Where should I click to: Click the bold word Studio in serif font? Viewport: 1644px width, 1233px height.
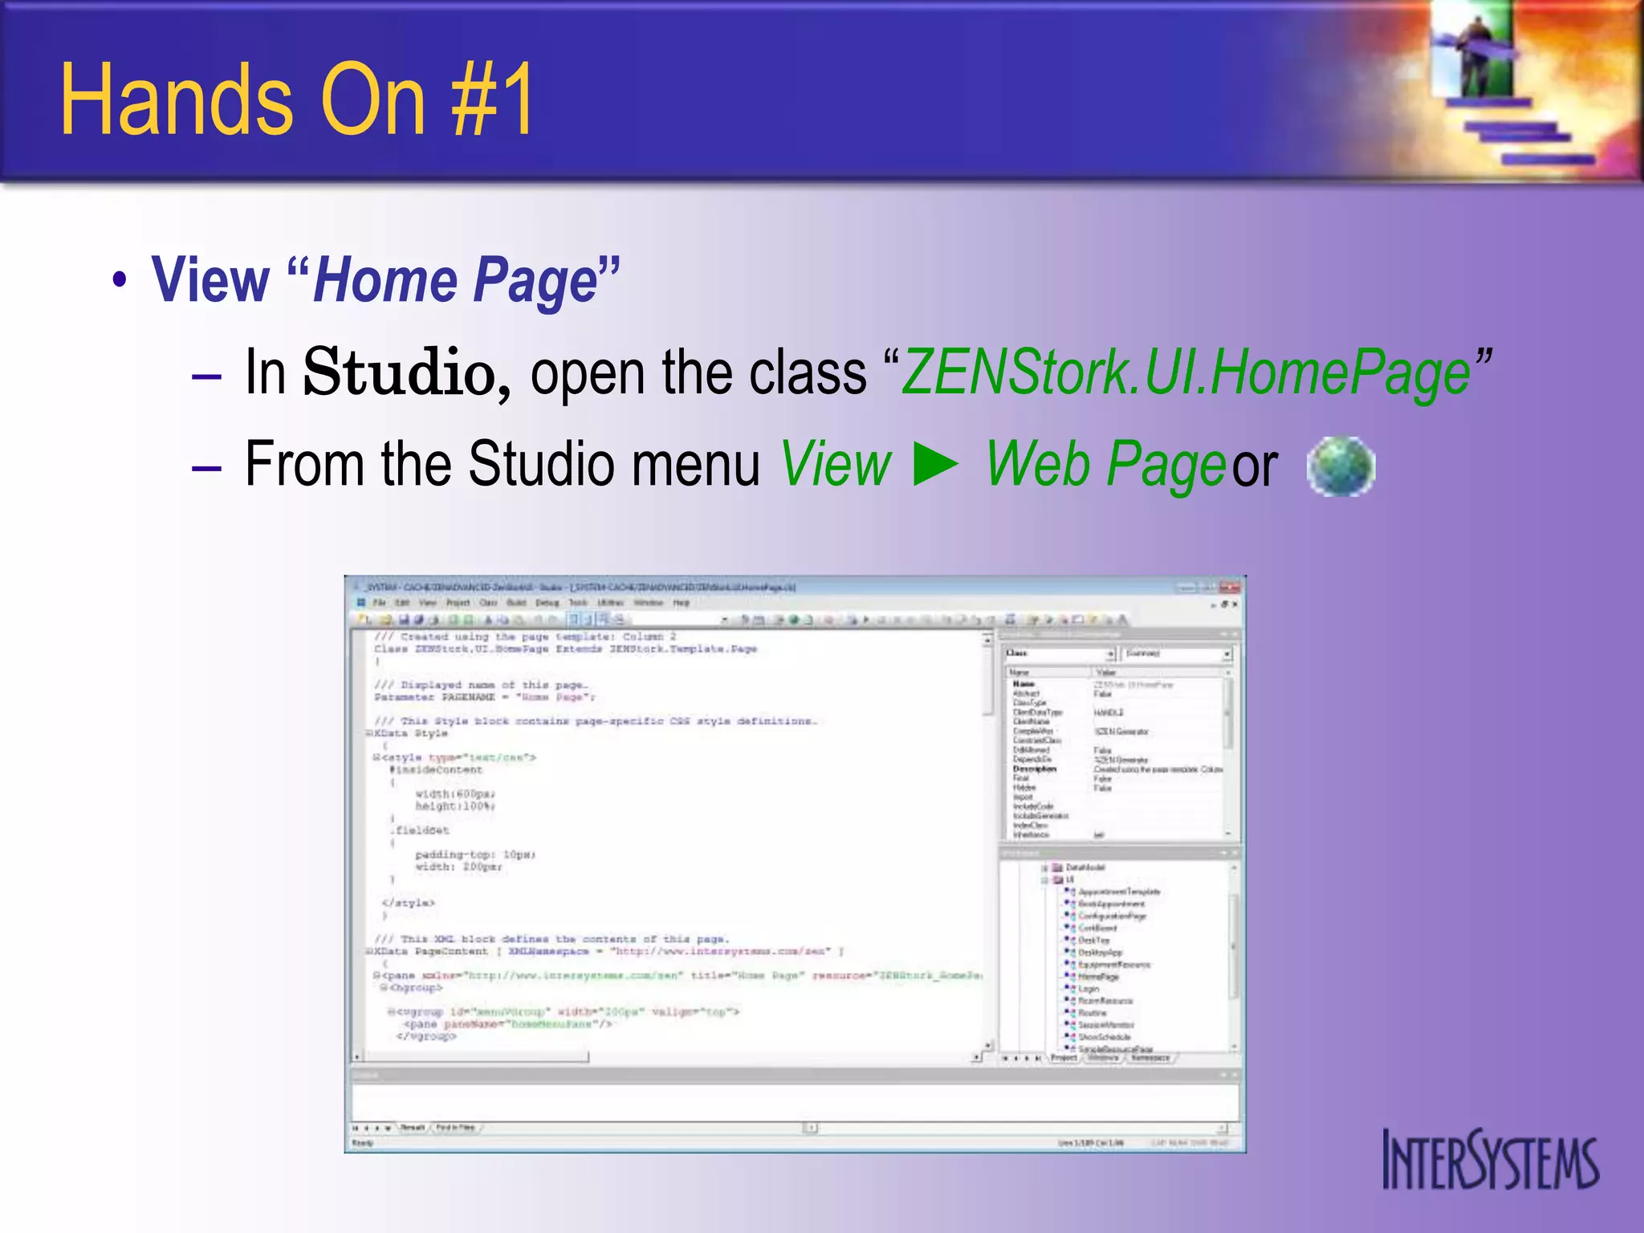pyautogui.click(x=406, y=373)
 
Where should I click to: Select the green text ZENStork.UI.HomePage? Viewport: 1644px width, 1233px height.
pyautogui.click(x=1186, y=373)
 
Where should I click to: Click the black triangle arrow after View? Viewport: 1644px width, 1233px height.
pyautogui.click(x=937, y=466)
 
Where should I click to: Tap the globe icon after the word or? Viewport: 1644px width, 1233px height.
pyautogui.click(x=1341, y=466)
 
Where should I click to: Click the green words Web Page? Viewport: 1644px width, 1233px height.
pyautogui.click(x=1105, y=466)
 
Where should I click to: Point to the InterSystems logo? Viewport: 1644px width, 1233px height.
pyautogui.click(x=1490, y=1160)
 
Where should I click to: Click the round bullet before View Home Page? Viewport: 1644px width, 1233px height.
pyautogui.click(x=120, y=281)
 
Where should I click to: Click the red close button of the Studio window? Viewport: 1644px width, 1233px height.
pyautogui.click(x=1230, y=588)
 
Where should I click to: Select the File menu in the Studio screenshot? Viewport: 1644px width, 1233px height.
pyautogui.click(x=380, y=603)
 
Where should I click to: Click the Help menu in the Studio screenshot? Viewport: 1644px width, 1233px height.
pyautogui.click(x=682, y=603)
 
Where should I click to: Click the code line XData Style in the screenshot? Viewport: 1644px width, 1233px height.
pyautogui.click(x=411, y=734)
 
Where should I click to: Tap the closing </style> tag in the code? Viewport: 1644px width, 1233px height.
pyautogui.click(x=409, y=903)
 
